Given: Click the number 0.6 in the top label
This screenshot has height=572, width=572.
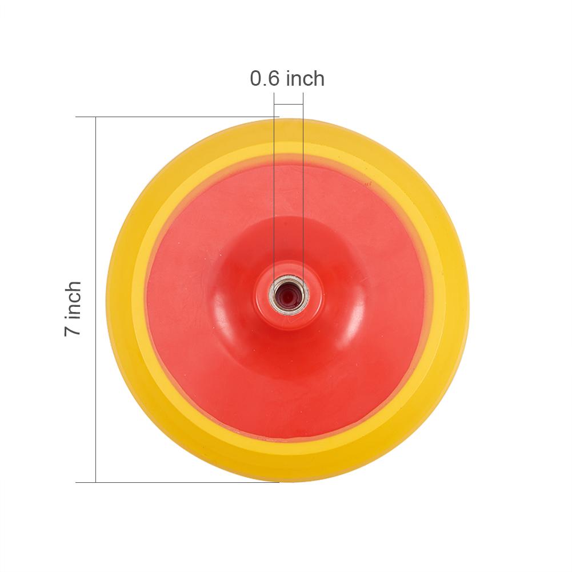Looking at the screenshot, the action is (265, 78).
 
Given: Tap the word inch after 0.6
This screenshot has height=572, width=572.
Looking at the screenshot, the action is (305, 78).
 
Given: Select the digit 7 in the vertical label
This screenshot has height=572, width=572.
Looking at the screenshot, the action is (73, 329).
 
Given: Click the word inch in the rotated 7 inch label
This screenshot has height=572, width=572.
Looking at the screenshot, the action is (73, 299).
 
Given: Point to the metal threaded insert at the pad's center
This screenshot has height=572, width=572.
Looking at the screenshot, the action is (289, 294).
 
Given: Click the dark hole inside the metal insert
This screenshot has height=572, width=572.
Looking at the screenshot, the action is (288, 295).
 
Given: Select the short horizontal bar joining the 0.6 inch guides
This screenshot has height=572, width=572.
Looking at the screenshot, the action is (289, 105).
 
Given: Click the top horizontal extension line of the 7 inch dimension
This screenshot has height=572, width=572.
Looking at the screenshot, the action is (177, 117).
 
